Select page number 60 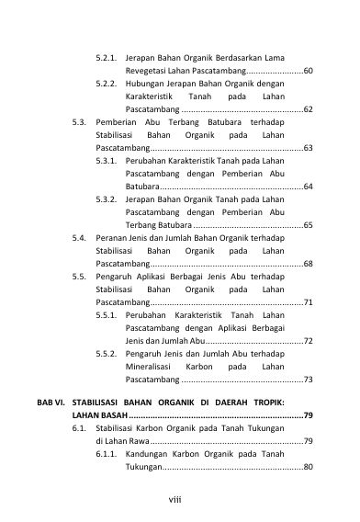click(x=308, y=70)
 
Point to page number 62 click(x=308, y=108)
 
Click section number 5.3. click(x=80, y=121)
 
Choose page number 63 click(x=308, y=147)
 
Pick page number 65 click(x=308, y=224)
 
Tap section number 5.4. click(x=80, y=237)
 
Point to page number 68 click(x=308, y=263)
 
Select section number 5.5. click(x=80, y=276)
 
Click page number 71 click(x=308, y=301)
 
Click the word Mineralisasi click(x=151, y=366)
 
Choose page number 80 click(x=308, y=467)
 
